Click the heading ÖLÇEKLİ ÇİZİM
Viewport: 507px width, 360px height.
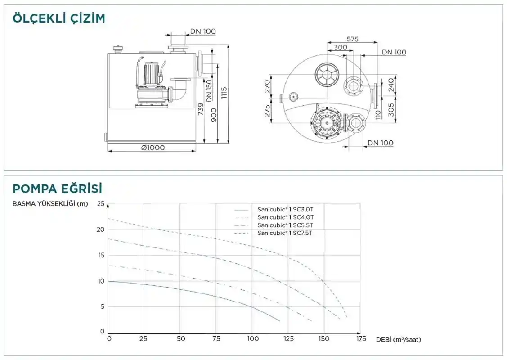click(x=59, y=18)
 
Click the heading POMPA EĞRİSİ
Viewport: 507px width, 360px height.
click(x=57, y=189)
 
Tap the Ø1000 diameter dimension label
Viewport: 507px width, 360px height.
click(x=153, y=148)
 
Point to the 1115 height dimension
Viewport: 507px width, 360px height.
click(x=224, y=93)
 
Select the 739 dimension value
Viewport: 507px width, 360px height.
click(x=201, y=109)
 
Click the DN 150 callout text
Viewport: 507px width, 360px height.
click(x=209, y=90)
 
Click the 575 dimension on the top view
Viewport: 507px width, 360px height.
click(x=352, y=39)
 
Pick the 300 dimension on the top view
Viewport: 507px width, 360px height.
click(x=340, y=48)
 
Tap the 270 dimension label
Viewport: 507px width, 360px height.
click(x=267, y=87)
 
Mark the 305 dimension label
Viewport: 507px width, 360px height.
click(x=391, y=110)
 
